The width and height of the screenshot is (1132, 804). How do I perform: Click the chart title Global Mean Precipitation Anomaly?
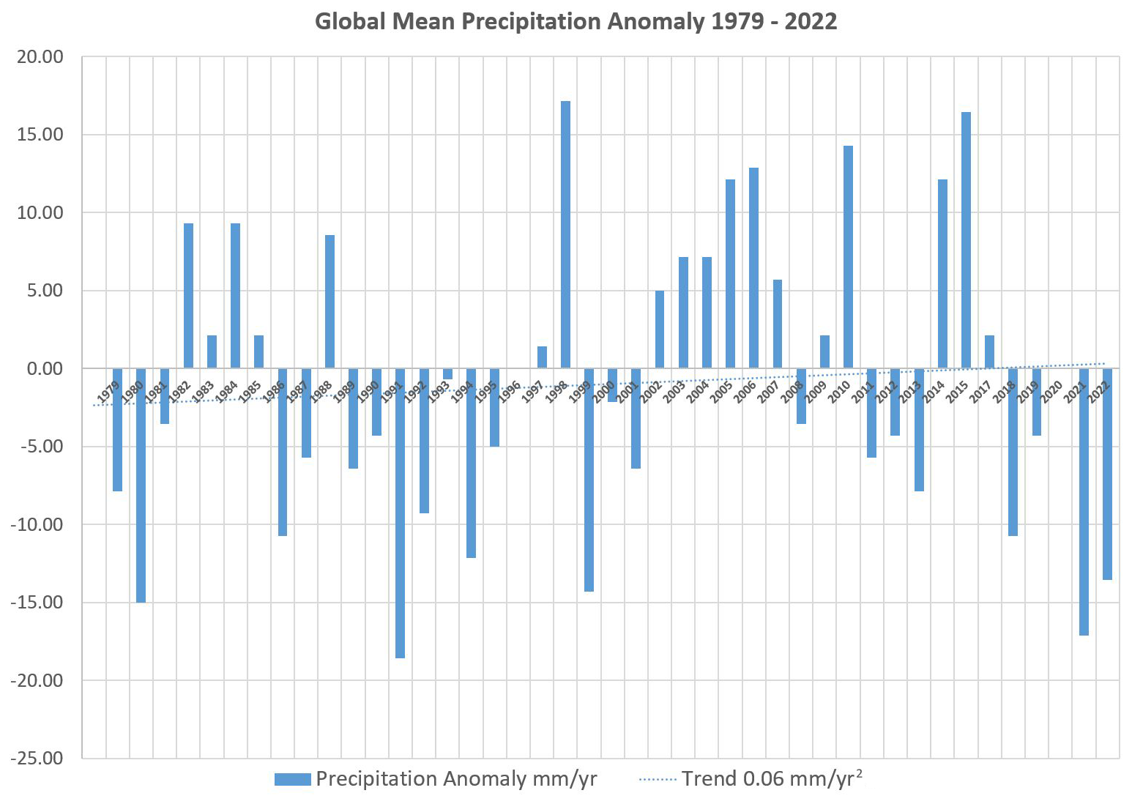(x=576, y=21)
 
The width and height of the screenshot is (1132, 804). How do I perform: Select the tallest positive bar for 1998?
(x=565, y=234)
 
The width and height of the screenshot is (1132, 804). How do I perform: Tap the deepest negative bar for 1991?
(x=400, y=513)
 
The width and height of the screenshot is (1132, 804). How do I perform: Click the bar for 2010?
(x=848, y=256)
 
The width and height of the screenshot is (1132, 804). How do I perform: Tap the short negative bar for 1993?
(x=447, y=373)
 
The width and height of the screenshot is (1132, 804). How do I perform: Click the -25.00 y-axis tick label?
(x=36, y=759)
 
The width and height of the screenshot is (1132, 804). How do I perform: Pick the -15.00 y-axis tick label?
(x=36, y=603)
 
